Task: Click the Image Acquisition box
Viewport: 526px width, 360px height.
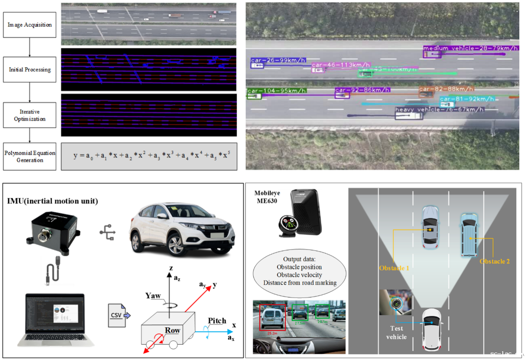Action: pyautogui.click(x=29, y=25)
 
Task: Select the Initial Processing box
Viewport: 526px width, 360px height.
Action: pyautogui.click(x=29, y=70)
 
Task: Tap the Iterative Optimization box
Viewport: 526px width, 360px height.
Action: pyautogui.click(x=29, y=115)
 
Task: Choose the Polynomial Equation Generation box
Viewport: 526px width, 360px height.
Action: pyautogui.click(x=29, y=156)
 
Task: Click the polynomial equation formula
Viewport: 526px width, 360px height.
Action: pyautogui.click(x=149, y=156)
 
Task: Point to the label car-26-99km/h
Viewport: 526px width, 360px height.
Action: pyautogui.click(x=278, y=60)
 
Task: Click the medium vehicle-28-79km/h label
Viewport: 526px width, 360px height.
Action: pyautogui.click(x=470, y=48)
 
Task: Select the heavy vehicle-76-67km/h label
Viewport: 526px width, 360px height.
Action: pyautogui.click(x=439, y=109)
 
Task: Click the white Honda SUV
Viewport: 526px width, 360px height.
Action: pyautogui.click(x=181, y=228)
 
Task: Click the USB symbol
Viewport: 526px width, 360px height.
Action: pyautogui.click(x=108, y=233)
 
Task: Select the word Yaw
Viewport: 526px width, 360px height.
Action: pyautogui.click(x=153, y=295)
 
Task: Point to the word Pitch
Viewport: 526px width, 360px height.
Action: pyautogui.click(x=217, y=321)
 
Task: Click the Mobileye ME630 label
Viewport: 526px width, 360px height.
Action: pyautogui.click(x=267, y=197)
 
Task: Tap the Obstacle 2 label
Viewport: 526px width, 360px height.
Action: pyautogui.click(x=495, y=261)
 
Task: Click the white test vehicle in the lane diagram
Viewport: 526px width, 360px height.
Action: pyautogui.click(x=432, y=329)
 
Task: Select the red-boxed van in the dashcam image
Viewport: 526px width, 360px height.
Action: pyautogui.click(x=272, y=317)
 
